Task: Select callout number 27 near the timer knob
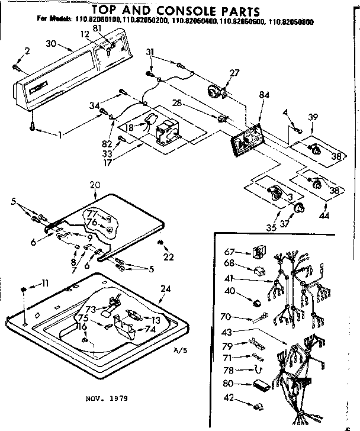point(234,73)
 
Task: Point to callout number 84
point(264,95)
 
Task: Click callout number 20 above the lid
point(94,185)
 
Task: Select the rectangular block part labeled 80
point(259,384)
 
